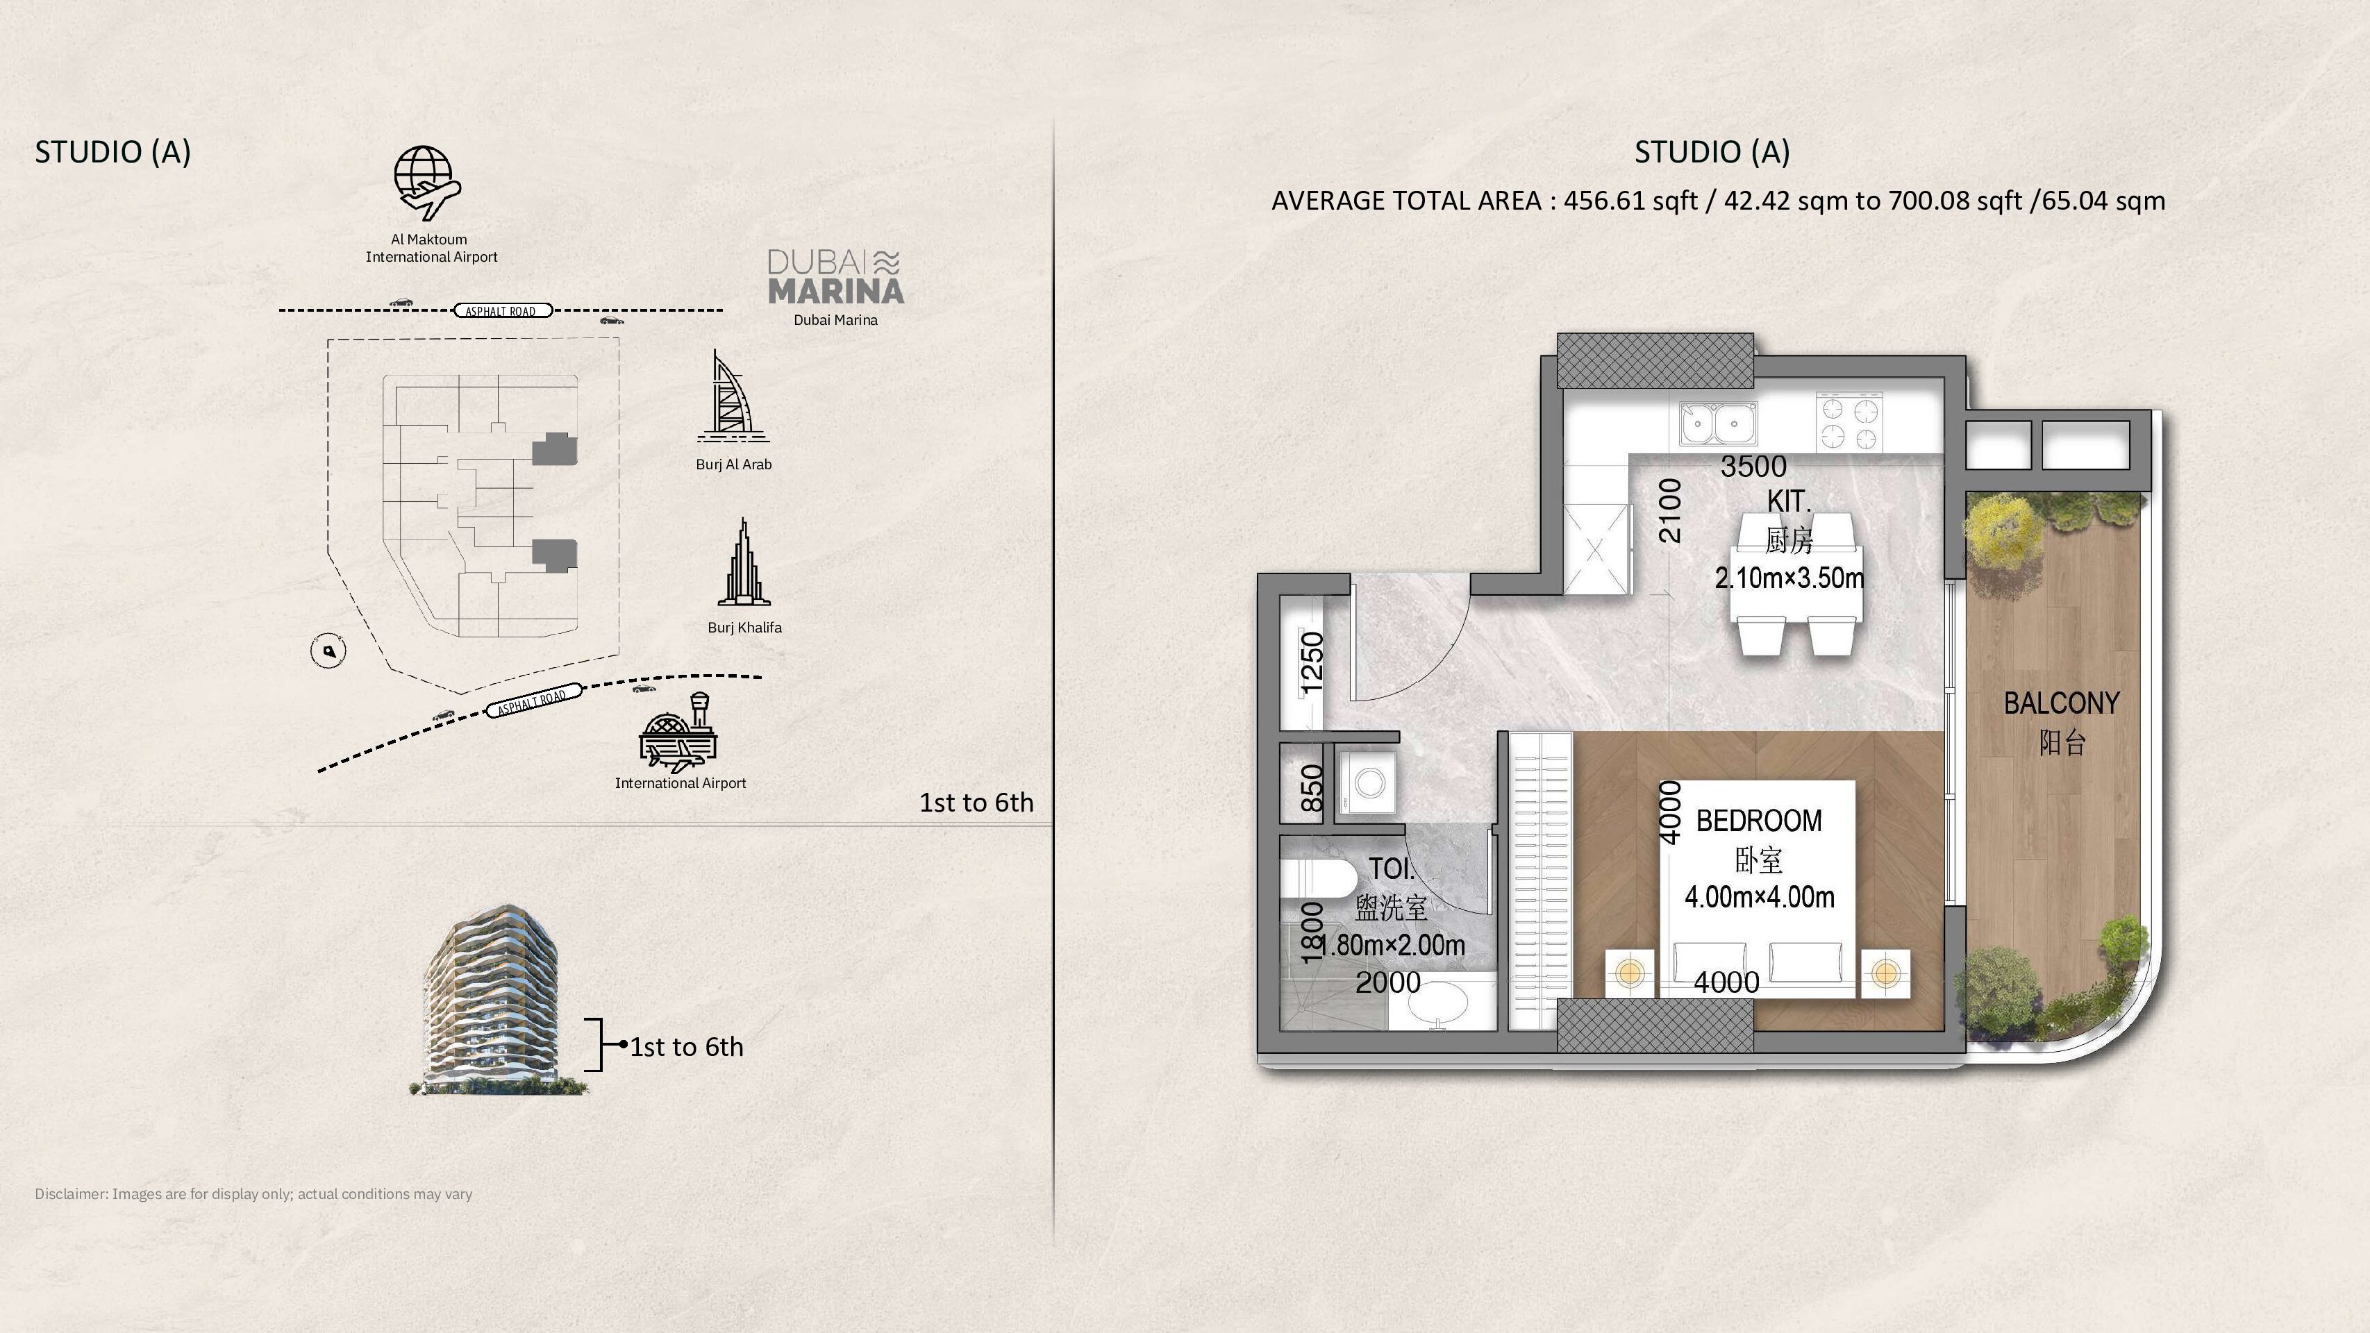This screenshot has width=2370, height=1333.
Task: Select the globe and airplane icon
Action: tap(427, 183)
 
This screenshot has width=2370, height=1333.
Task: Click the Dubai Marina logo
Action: tap(835, 276)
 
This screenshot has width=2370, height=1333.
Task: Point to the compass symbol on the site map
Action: tap(328, 651)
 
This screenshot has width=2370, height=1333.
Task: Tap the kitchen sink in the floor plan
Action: tap(1714, 424)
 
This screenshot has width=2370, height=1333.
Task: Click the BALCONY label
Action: tap(2061, 703)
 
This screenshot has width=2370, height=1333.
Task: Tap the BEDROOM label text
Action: tap(1758, 821)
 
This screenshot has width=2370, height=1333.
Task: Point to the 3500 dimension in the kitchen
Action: tap(1753, 467)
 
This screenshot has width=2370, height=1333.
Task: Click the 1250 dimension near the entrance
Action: tap(1312, 662)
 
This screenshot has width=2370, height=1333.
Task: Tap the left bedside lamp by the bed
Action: tap(1629, 973)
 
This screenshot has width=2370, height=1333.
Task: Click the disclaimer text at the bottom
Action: tap(254, 1194)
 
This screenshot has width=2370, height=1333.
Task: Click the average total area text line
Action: tap(1718, 201)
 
